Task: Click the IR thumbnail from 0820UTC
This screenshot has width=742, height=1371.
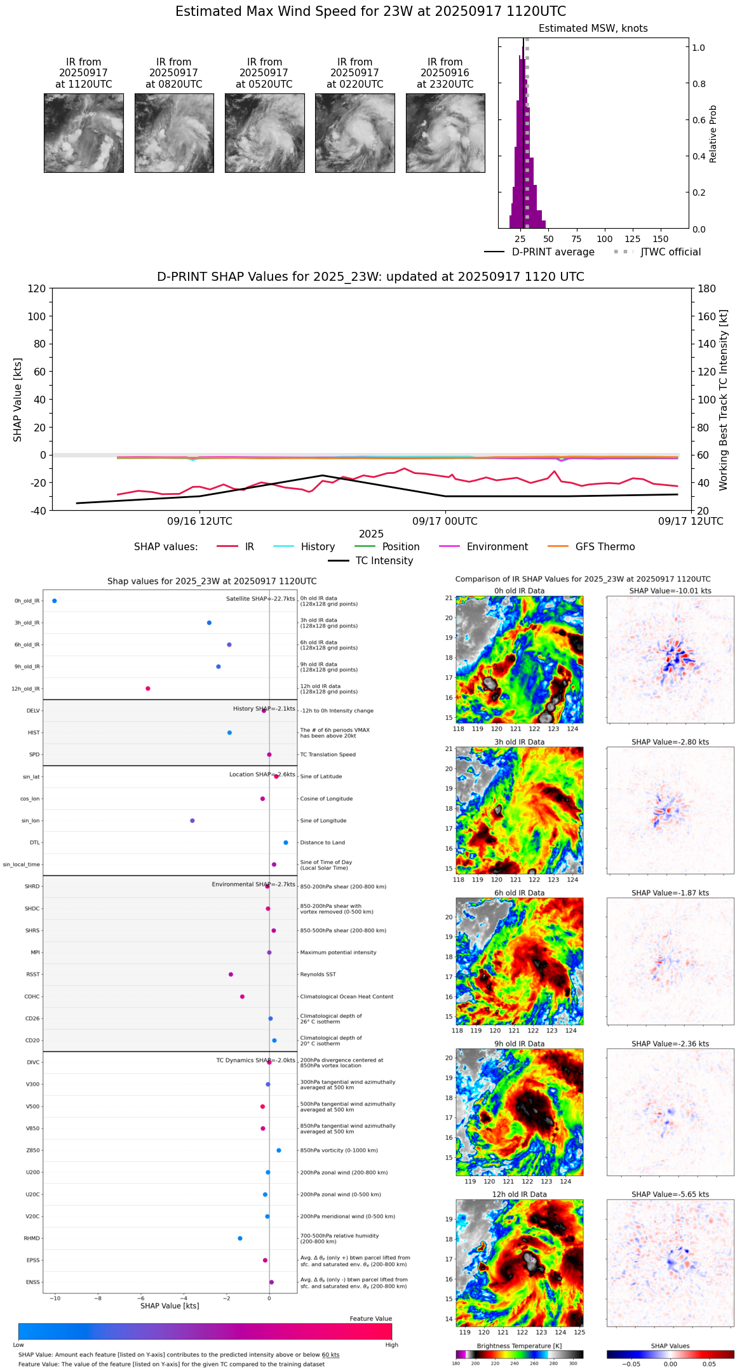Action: (x=174, y=133)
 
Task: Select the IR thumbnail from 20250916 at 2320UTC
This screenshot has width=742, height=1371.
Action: (x=445, y=133)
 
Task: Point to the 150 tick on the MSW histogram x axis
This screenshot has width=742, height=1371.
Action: (x=661, y=239)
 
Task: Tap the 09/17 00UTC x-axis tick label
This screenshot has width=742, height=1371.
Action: (x=445, y=522)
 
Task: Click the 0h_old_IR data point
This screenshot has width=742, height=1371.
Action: (x=55, y=601)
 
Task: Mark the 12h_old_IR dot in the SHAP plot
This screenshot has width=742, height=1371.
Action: (x=148, y=689)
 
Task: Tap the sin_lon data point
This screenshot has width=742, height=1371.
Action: (x=192, y=821)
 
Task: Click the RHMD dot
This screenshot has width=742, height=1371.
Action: (x=240, y=1238)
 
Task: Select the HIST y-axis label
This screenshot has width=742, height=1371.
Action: (x=34, y=733)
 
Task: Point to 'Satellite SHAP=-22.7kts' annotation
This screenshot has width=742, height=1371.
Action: (x=260, y=599)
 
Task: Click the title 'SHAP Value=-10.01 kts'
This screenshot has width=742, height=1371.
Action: (x=670, y=591)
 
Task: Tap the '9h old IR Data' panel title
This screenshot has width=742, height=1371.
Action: (x=519, y=1044)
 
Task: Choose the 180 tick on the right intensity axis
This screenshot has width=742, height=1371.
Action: (x=707, y=289)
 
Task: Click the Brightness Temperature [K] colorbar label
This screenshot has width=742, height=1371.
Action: (x=519, y=1346)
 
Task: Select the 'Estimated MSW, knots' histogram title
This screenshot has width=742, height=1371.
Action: (x=593, y=29)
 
